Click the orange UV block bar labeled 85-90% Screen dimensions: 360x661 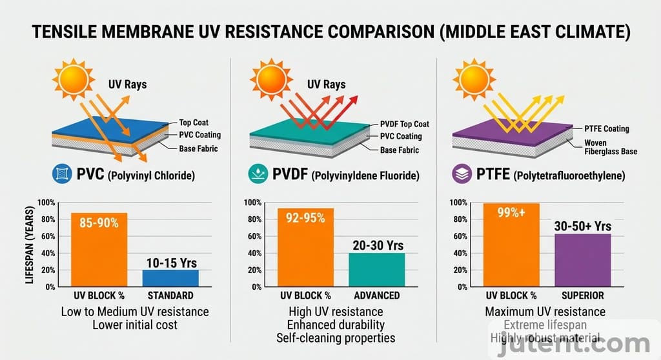pos(99,249)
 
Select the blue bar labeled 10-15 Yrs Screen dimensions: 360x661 pos(170,277)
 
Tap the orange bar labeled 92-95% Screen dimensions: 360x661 pos(305,247)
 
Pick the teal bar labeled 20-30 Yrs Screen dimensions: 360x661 pos(377,269)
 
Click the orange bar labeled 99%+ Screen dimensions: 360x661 pos(511,245)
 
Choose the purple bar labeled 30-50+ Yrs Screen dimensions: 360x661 pos(582,260)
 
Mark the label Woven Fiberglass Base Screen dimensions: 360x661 pos(611,147)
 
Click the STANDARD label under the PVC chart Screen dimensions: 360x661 pos(170,295)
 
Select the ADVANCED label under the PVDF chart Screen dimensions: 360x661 pos(377,295)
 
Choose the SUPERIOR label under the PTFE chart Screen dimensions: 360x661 pos(582,295)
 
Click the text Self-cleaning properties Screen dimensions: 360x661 pos(335,337)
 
